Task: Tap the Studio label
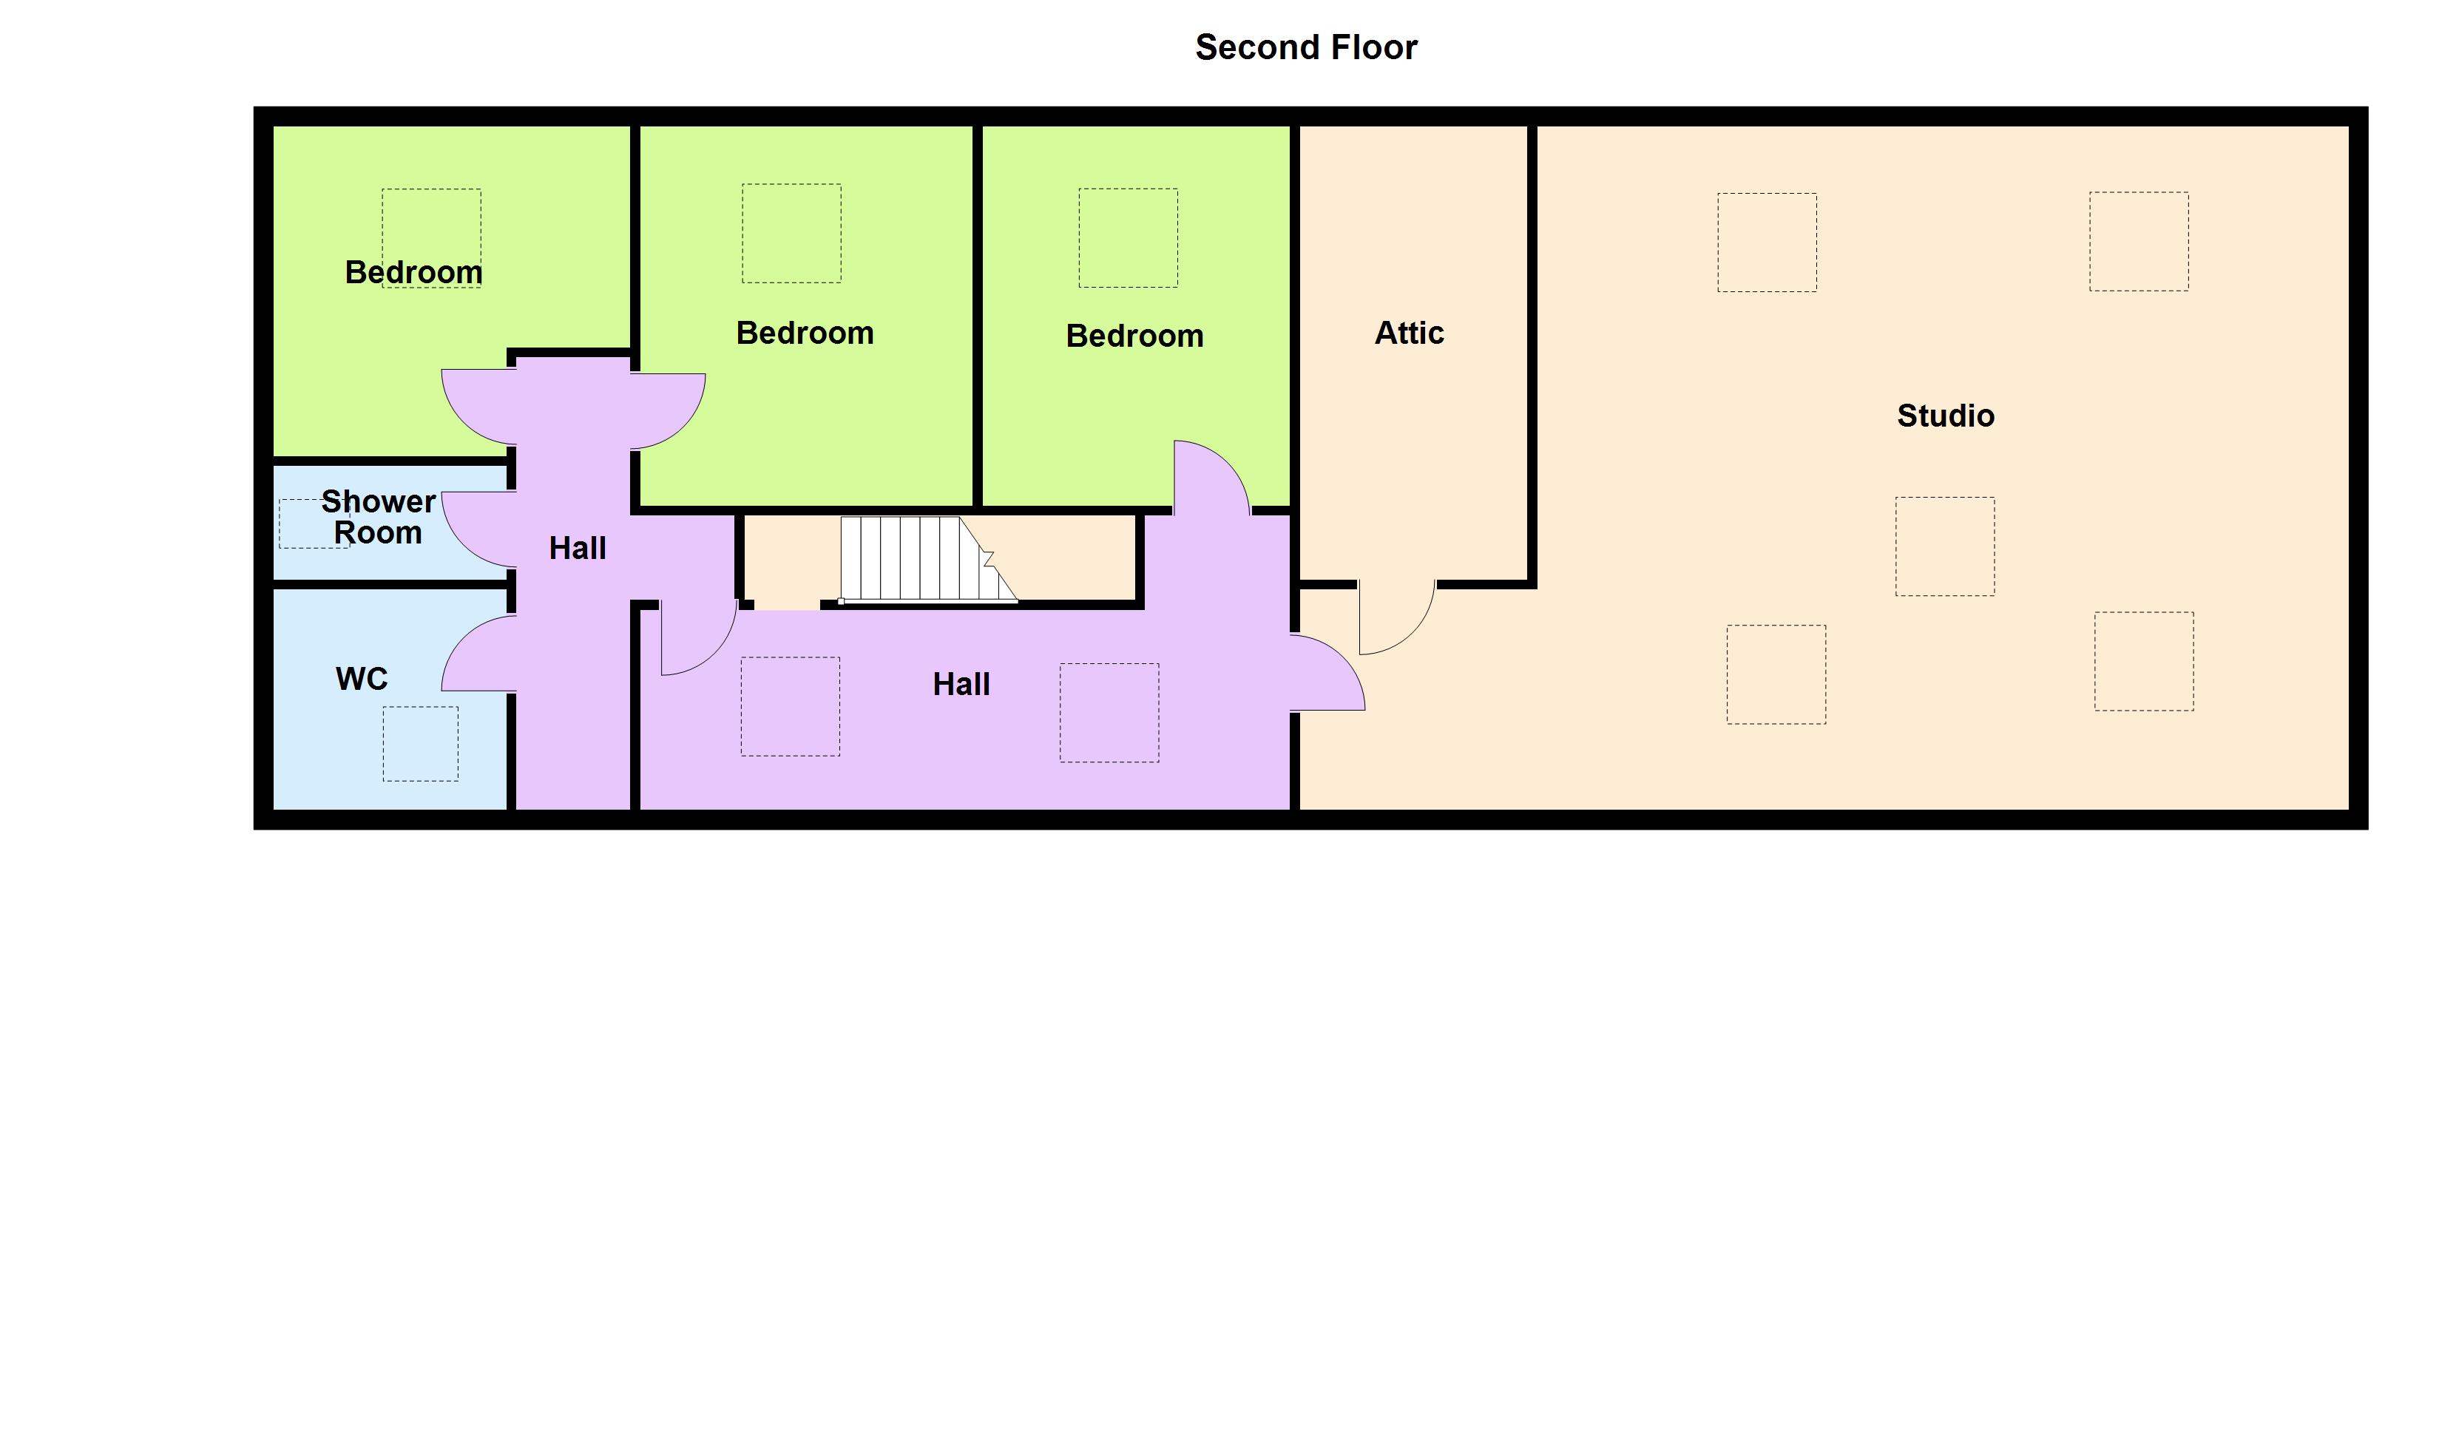(x=1946, y=416)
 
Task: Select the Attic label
(x=1410, y=333)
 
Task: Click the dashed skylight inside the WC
(x=420, y=743)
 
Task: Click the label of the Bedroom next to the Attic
(x=1134, y=336)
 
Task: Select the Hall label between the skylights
(x=961, y=684)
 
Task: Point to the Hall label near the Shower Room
(x=578, y=549)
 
